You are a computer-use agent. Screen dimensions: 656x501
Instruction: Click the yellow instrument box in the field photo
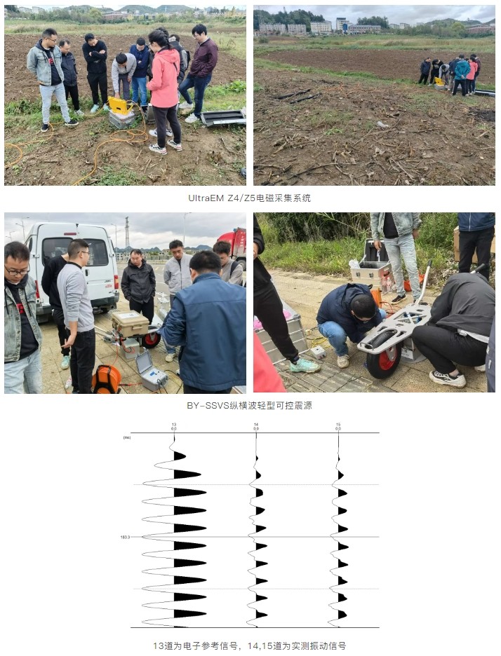pyautogui.click(x=119, y=107)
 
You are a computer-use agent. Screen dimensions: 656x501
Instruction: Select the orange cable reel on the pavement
pyautogui.click(x=106, y=379)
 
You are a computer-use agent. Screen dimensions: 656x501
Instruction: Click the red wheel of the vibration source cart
pyautogui.click(x=383, y=359)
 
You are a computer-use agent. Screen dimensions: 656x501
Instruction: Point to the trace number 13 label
pyautogui.click(x=174, y=425)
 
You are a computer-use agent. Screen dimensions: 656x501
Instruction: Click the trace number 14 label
pyautogui.click(x=256, y=425)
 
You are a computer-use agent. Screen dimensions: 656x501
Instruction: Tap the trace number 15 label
pyautogui.click(x=338, y=425)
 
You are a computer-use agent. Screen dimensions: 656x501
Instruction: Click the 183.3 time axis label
pyautogui.click(x=125, y=537)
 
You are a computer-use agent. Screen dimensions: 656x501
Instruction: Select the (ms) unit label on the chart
pyautogui.click(x=127, y=437)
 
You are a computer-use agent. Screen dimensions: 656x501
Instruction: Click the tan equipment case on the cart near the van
pyautogui.click(x=130, y=323)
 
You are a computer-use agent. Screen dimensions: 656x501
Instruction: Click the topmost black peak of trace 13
pyautogui.click(x=180, y=456)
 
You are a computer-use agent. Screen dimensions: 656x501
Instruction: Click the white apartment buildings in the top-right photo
pyautogui.click(x=309, y=27)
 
